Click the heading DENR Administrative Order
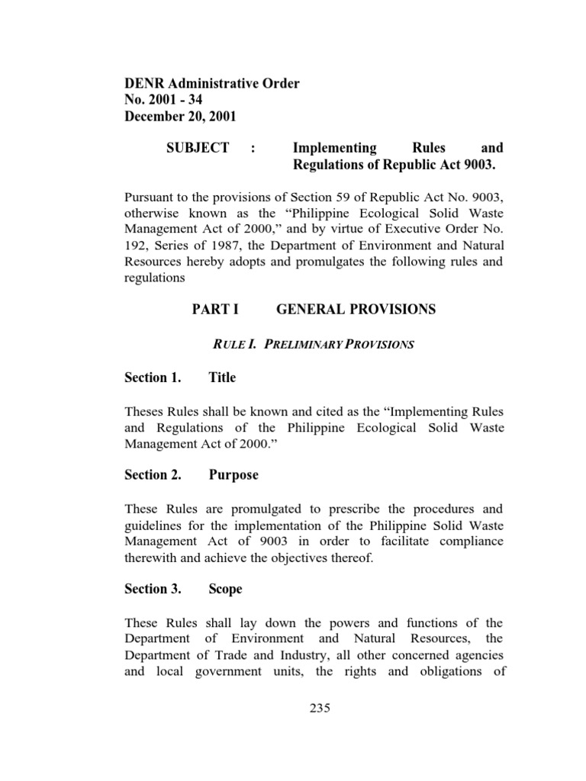tap(211, 83)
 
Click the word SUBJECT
tap(198, 148)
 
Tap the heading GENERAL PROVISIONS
tap(356, 309)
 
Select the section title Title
tap(222, 378)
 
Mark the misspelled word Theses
tap(144, 412)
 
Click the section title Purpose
tap(233, 475)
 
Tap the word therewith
tap(153, 559)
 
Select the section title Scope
tap(226, 589)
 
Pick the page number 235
tap(319, 708)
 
